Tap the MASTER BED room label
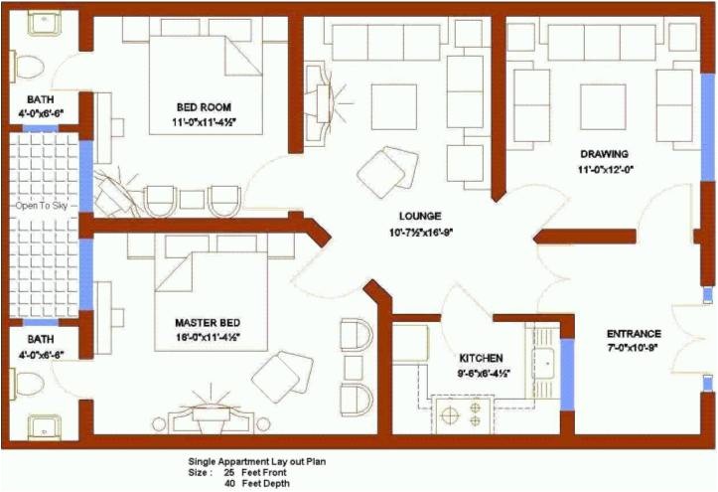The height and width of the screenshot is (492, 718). [x=208, y=323]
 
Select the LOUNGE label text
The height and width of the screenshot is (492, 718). [x=419, y=216]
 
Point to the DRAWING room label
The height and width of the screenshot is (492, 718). [x=605, y=154]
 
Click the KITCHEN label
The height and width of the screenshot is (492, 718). [x=481, y=358]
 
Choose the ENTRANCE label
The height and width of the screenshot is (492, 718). [x=635, y=334]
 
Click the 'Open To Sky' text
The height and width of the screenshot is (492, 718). [x=40, y=207]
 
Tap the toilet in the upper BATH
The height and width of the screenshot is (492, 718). [x=29, y=67]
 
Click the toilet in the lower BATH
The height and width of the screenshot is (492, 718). [x=27, y=381]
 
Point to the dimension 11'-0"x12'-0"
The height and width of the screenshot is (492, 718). [x=606, y=169]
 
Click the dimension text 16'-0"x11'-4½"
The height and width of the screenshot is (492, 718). [x=208, y=338]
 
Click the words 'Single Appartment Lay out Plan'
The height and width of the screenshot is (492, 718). [x=257, y=461]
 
